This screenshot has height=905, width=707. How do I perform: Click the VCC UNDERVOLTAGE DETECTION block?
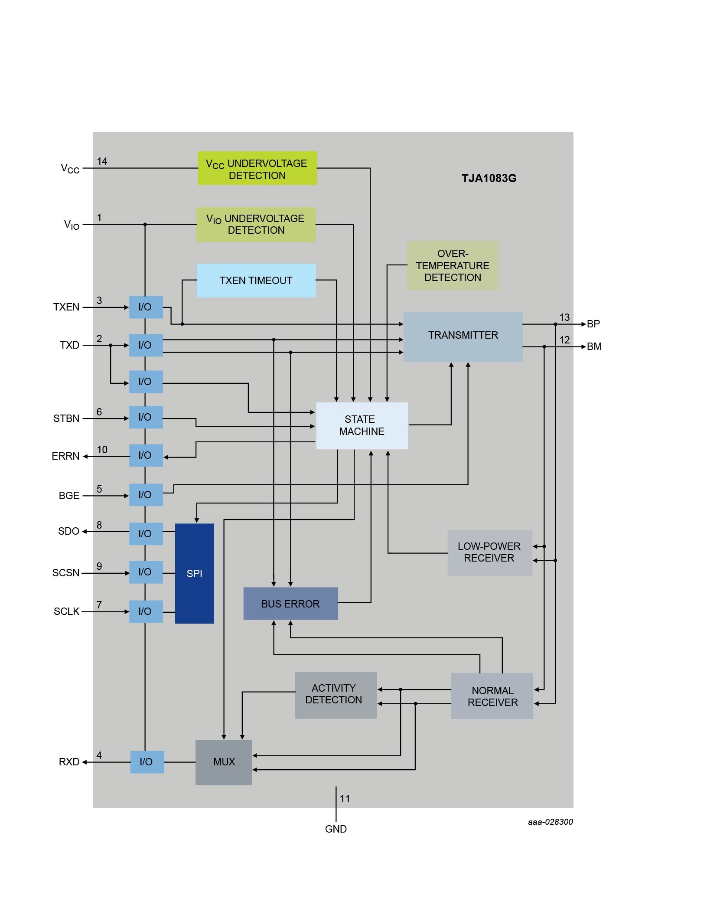coord(257,168)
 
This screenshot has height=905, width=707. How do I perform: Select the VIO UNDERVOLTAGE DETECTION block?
coord(256,225)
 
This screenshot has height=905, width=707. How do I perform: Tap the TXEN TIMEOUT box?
coord(256,281)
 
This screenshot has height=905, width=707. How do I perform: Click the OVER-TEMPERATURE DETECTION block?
coord(453,265)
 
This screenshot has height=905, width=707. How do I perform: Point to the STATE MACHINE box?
coord(362,425)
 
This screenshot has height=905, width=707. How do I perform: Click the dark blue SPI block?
coord(194,573)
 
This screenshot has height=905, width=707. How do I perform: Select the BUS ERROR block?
coord(290,603)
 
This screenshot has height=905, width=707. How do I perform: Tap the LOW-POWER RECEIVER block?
coord(489,552)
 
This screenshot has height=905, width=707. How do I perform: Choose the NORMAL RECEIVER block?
coord(492,696)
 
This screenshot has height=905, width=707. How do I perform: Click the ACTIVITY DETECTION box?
coord(336,695)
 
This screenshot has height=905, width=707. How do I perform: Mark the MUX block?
coord(224,762)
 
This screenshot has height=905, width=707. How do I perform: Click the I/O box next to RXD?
coord(147,762)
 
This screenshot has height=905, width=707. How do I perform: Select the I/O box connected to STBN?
coord(146,417)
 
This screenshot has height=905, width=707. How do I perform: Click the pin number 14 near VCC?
coord(102,161)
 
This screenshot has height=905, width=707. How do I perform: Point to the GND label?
coord(336,829)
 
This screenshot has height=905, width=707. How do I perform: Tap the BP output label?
coord(593,324)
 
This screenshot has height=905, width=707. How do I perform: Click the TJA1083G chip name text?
coord(489,178)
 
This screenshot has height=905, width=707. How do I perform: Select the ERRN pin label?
coord(65,456)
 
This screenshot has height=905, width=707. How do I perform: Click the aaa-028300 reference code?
coord(550,822)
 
